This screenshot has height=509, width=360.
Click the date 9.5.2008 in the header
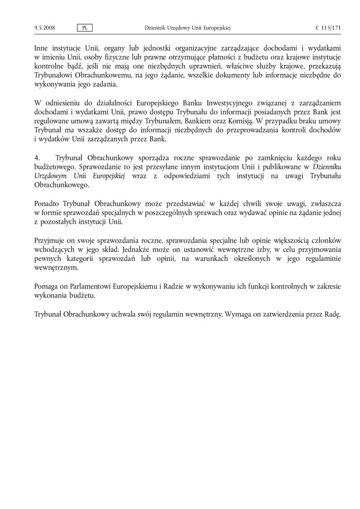(x=45, y=28)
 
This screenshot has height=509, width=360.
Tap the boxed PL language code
(x=85, y=28)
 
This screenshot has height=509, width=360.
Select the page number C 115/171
(x=328, y=28)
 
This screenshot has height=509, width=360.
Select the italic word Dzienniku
(x=327, y=166)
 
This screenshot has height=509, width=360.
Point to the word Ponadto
(x=47, y=203)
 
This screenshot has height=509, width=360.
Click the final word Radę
(x=333, y=313)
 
